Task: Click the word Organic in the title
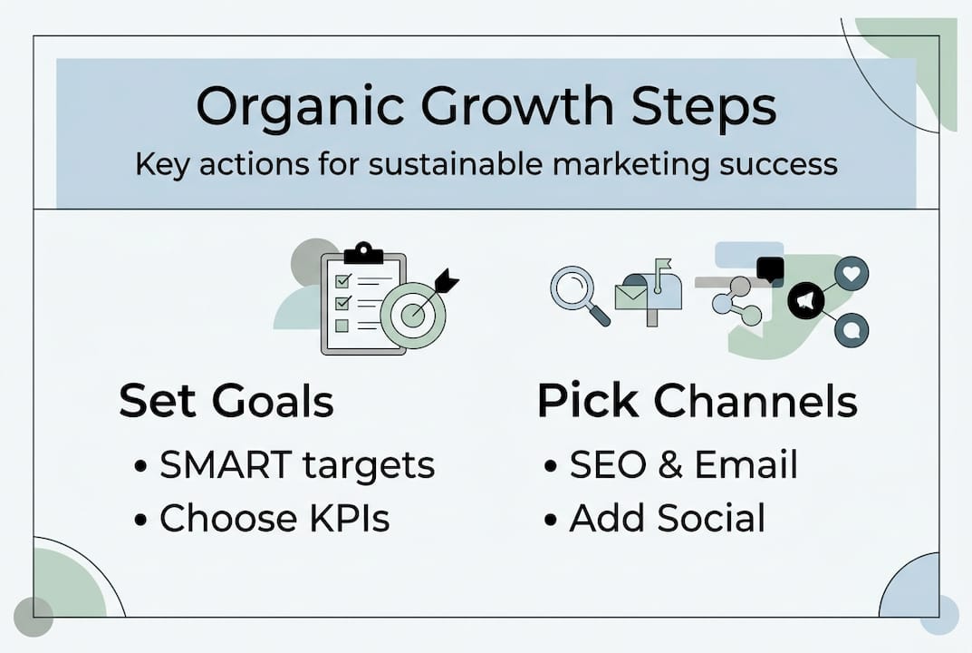(300, 108)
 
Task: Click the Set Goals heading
(226, 402)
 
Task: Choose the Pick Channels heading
(698, 401)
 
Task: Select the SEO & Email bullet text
(683, 465)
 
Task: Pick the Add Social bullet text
(667, 518)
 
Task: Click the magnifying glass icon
(579, 295)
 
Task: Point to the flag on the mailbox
(663, 266)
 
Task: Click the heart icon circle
(852, 273)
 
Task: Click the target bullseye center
(413, 316)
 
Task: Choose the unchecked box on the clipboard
(342, 326)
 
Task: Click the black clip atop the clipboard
(363, 254)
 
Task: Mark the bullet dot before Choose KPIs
(140, 520)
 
